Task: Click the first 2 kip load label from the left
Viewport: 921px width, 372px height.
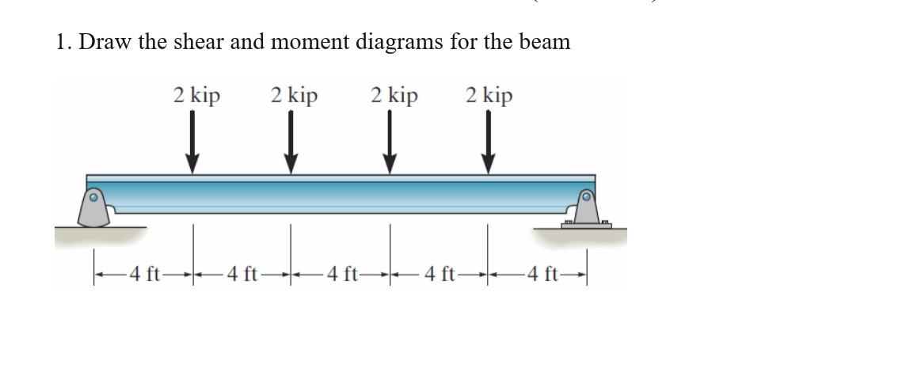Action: (x=196, y=97)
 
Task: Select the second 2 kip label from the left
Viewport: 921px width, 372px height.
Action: (x=294, y=97)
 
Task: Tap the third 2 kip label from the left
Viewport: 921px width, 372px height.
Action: (x=394, y=97)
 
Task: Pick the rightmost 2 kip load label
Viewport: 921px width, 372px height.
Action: (x=489, y=97)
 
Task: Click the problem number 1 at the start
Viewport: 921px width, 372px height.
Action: (x=62, y=42)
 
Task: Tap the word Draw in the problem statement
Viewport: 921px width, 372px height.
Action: (x=105, y=42)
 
